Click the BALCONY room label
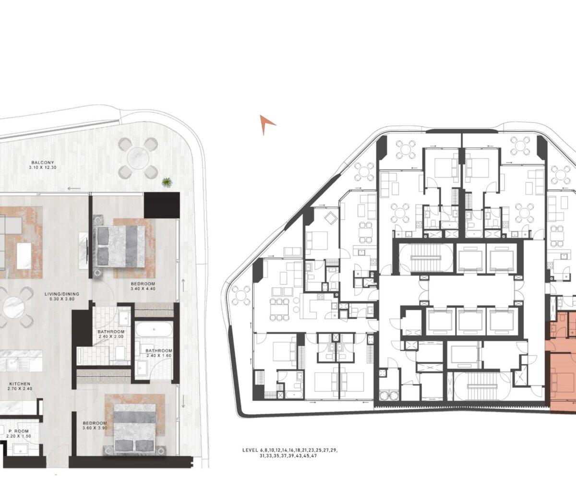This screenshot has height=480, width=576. click(x=43, y=163)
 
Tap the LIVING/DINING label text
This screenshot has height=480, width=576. click(x=62, y=294)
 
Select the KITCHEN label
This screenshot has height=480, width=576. click(x=20, y=384)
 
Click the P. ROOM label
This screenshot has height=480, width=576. click(x=19, y=431)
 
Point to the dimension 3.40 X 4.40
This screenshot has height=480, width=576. click(x=143, y=288)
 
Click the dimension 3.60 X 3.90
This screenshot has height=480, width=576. click(x=95, y=428)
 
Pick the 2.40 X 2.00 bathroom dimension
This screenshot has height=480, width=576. click(x=110, y=336)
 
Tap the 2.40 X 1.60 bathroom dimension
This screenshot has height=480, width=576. click(x=158, y=356)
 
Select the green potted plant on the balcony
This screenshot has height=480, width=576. click(x=167, y=182)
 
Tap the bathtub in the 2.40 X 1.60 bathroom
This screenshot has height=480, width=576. click(x=154, y=329)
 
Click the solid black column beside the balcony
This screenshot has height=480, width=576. click(x=162, y=205)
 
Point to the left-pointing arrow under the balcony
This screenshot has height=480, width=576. click(x=74, y=189)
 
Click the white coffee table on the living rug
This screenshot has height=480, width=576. click(x=24, y=256)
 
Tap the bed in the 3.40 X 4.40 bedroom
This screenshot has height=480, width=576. click(x=120, y=246)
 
